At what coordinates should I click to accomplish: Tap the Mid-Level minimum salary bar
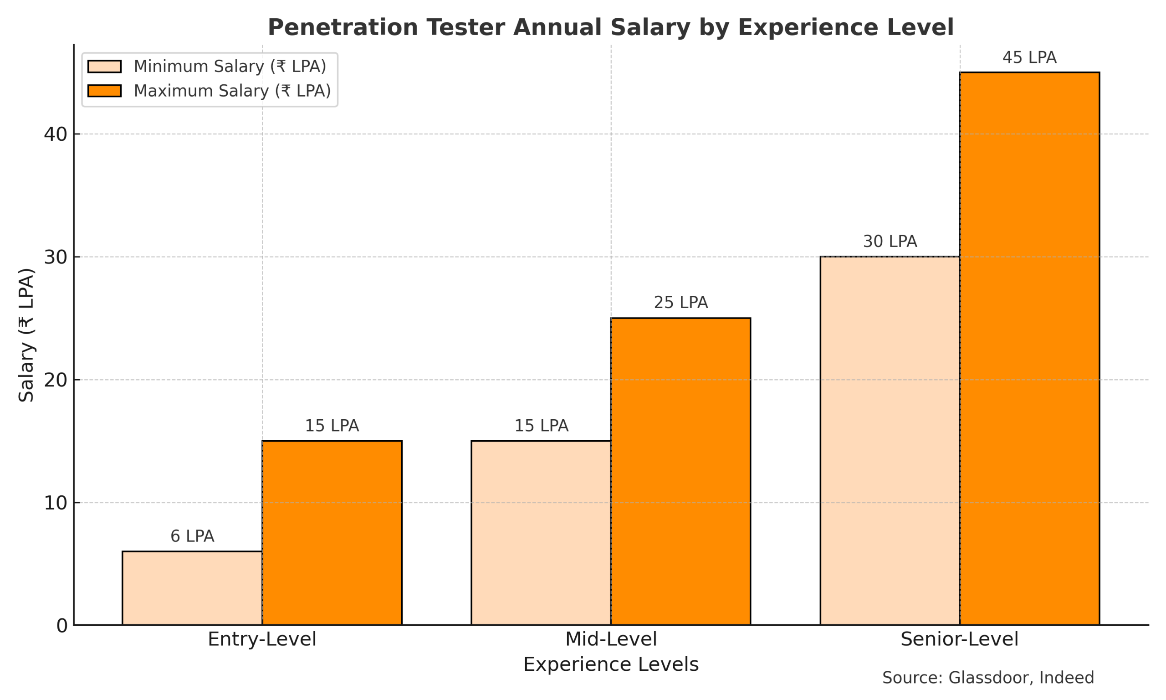point(541,533)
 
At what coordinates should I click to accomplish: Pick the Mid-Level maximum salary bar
point(680,471)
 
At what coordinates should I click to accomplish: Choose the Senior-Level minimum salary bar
point(890,441)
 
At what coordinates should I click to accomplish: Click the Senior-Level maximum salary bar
point(1029,349)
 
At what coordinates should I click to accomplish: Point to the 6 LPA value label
point(192,536)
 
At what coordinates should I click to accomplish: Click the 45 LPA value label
point(1029,57)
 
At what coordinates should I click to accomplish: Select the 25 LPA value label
point(680,302)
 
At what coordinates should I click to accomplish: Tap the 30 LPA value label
point(890,242)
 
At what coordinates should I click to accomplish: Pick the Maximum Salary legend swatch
point(104,91)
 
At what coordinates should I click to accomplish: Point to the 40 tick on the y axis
point(56,134)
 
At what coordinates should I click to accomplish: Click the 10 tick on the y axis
point(56,503)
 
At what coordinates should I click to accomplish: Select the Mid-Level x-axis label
point(611,639)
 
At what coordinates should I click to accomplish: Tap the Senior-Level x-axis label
point(959,639)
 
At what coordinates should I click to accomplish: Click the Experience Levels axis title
point(611,664)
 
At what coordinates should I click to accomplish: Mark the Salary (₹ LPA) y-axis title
point(26,335)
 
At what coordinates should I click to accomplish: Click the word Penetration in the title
point(343,27)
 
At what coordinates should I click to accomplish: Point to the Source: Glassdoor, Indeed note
point(988,678)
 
